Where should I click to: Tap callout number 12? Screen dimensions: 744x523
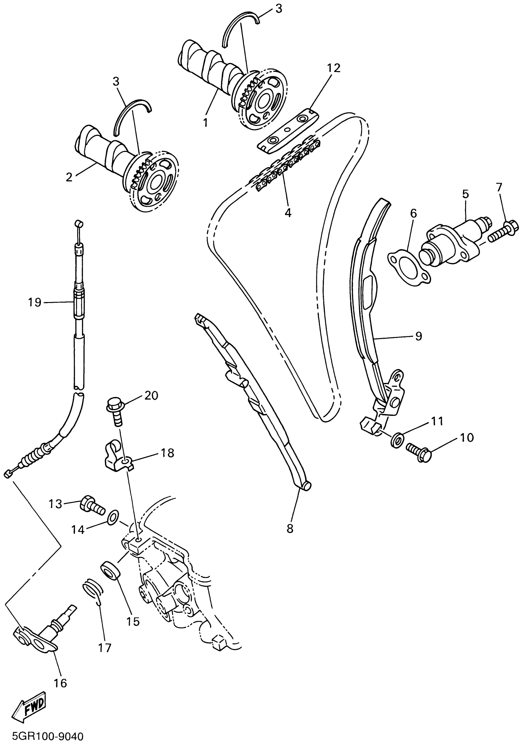click(333, 68)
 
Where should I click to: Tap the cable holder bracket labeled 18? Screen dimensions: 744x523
click(118, 458)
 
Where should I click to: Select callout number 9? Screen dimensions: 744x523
click(418, 336)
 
